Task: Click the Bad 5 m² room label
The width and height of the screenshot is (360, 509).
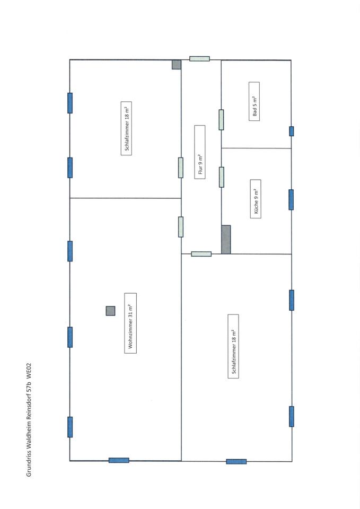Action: [x=254, y=101]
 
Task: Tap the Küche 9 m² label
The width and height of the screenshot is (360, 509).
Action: [x=255, y=199]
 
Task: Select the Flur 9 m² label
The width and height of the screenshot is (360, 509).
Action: [x=199, y=152]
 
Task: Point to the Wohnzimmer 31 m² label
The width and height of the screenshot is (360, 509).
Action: [x=130, y=323]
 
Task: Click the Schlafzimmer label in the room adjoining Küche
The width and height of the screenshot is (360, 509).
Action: [x=233, y=346]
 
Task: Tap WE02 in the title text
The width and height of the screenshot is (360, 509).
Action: [x=29, y=370]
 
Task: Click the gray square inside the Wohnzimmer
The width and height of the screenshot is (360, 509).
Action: [x=110, y=311]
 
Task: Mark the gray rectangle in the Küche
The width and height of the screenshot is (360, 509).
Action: [x=226, y=239]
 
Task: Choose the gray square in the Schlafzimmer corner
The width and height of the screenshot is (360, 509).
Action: [x=176, y=65]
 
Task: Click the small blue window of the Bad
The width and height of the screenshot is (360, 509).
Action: [x=291, y=131]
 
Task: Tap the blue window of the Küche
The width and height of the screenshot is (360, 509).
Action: [x=291, y=199]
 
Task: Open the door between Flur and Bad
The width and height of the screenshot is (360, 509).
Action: [x=221, y=120]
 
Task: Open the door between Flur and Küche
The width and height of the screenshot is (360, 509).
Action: [x=221, y=177]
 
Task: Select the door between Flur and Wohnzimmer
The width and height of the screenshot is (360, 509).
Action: [x=181, y=226]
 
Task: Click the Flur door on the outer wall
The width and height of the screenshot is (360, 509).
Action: [x=199, y=59]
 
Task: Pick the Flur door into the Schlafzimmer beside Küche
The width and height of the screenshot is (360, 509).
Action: [x=201, y=254]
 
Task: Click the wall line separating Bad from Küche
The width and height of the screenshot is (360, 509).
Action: [x=256, y=148]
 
